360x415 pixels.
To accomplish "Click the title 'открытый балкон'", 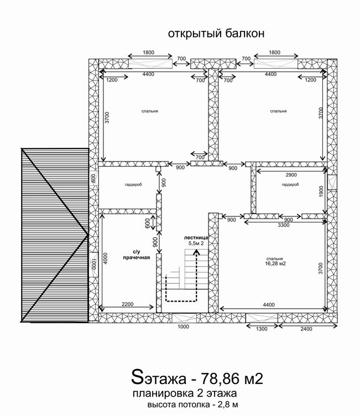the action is click(x=216, y=34).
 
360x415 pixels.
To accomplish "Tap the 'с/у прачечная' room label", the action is click(x=137, y=255).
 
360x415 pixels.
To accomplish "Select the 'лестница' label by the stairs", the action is click(x=196, y=238).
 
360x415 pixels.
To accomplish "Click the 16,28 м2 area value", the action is click(x=275, y=263).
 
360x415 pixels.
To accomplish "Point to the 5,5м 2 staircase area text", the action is click(x=196, y=243).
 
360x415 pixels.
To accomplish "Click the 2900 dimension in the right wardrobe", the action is click(x=291, y=175).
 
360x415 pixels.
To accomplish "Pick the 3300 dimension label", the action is click(x=283, y=225).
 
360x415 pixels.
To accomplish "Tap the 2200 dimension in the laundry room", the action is click(x=128, y=304).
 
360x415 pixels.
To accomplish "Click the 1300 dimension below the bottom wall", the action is click(x=262, y=329).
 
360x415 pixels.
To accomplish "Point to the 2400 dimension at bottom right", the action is click(x=306, y=329).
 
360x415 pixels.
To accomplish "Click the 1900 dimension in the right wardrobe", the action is click(x=321, y=191).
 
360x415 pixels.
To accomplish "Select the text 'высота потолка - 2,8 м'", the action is click(x=193, y=404).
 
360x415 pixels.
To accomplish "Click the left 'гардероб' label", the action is click(x=133, y=184).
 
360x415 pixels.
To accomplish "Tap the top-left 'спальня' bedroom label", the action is click(x=150, y=111).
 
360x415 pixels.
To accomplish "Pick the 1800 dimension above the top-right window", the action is click(x=275, y=53).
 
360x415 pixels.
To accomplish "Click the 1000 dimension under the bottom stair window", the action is click(x=183, y=326).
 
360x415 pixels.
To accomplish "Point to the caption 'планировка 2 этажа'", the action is click(x=185, y=393).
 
